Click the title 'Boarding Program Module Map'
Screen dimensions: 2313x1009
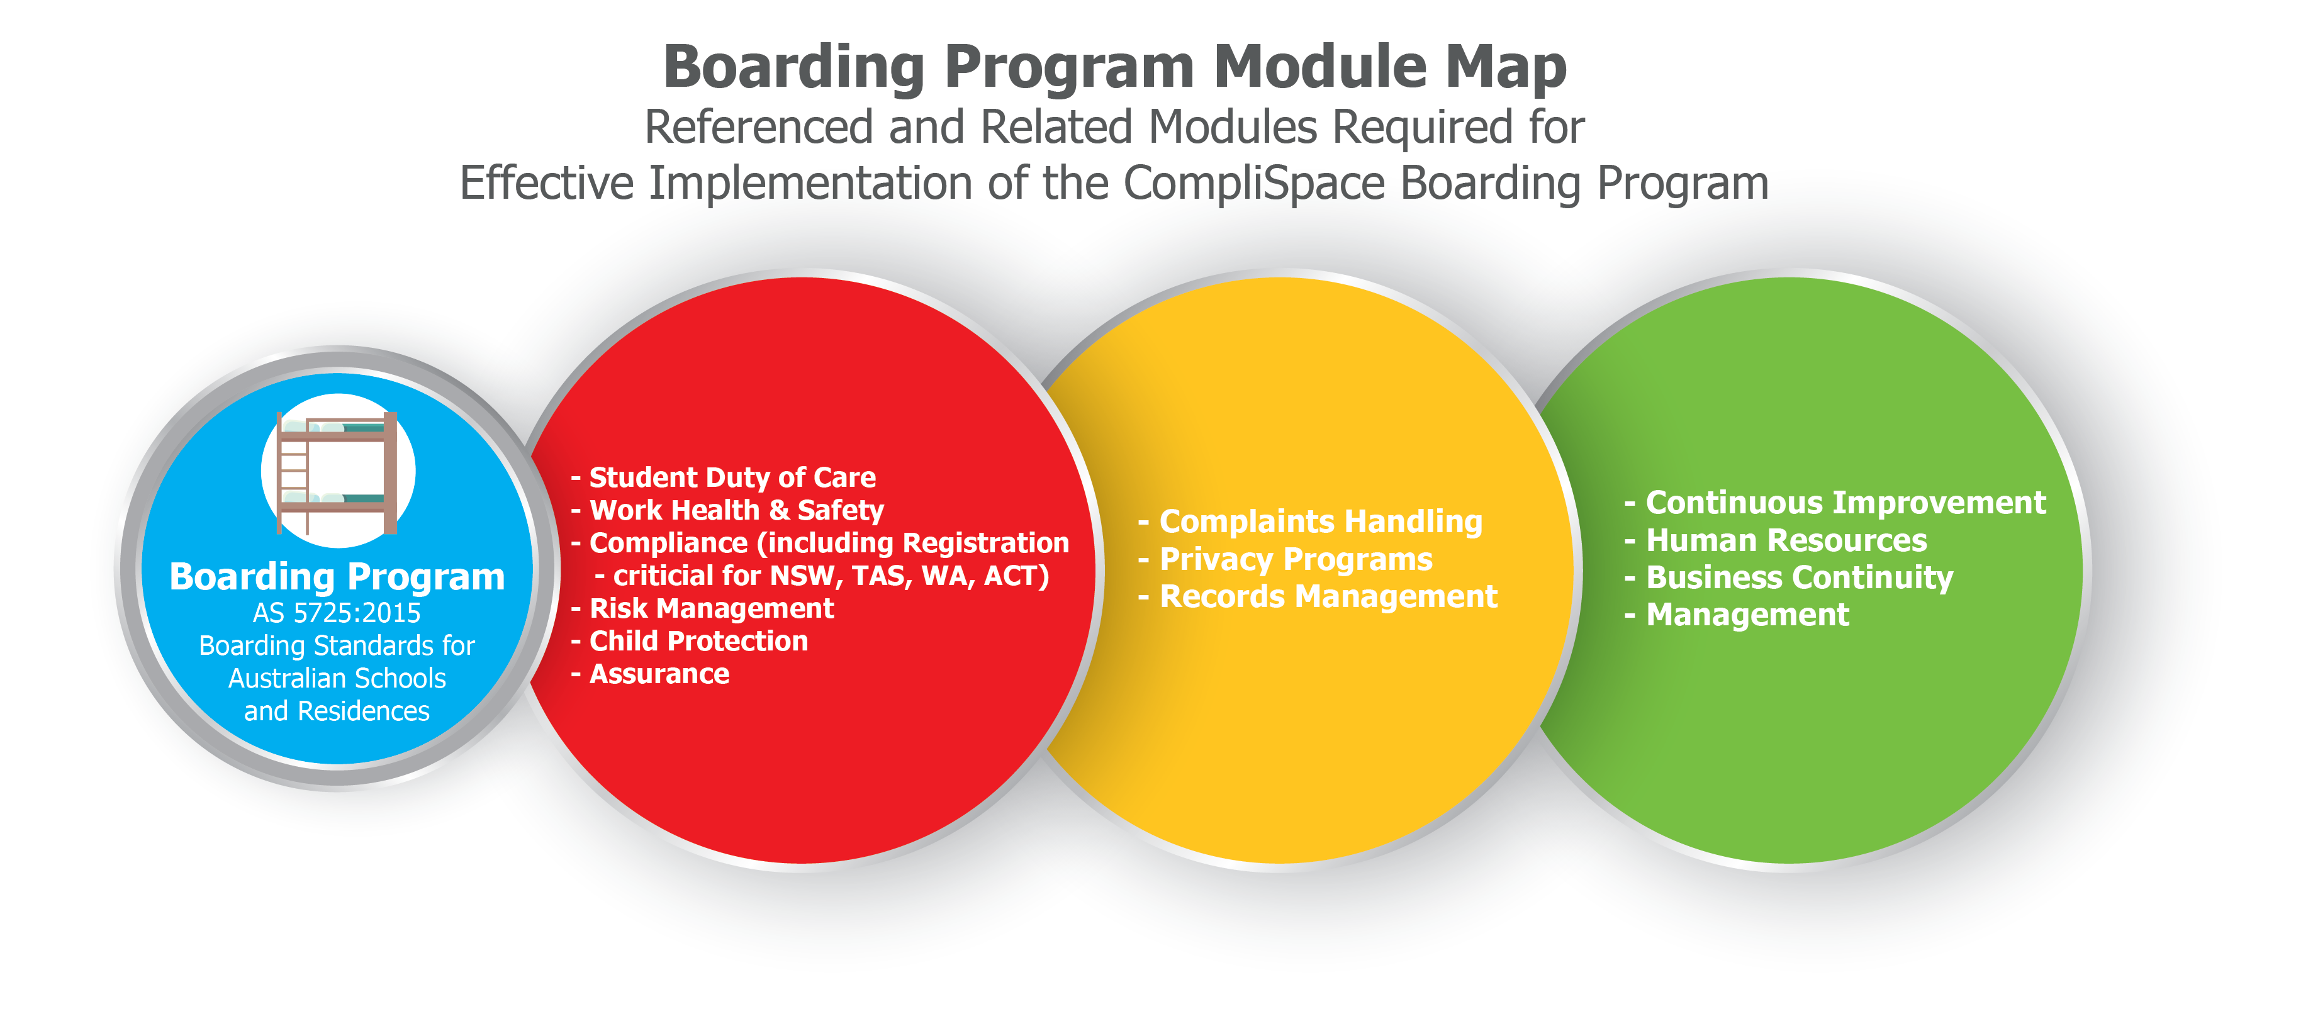(1114, 67)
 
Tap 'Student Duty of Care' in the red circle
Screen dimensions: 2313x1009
(732, 477)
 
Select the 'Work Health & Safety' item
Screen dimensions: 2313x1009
(736, 510)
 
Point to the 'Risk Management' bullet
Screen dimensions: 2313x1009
(711, 609)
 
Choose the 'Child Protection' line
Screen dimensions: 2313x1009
(698, 641)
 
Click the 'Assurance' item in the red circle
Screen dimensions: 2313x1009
(659, 674)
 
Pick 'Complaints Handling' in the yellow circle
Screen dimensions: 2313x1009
(1321, 521)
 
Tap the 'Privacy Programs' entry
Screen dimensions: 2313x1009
(1296, 559)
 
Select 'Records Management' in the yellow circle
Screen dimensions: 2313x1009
(1328, 596)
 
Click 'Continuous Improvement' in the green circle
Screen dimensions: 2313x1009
(1845, 503)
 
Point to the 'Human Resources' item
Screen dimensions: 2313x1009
(1786, 540)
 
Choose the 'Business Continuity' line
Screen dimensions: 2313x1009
(1800, 577)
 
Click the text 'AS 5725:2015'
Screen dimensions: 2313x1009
(337, 613)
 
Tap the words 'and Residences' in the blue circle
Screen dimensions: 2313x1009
(337, 711)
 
